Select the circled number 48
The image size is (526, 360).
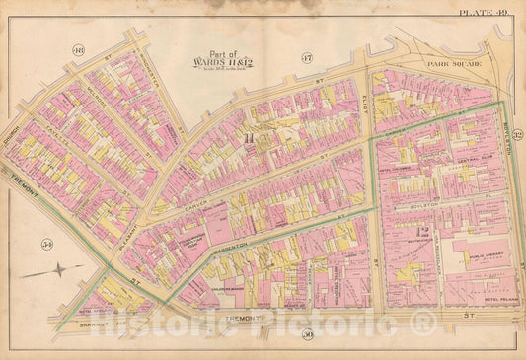(x=79, y=50)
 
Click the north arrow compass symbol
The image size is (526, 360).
(x=59, y=268)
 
